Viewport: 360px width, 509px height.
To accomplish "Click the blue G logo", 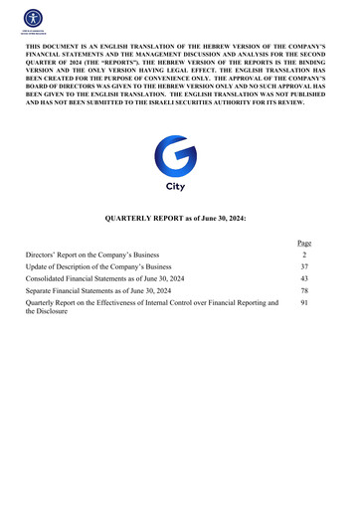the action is [x=179, y=158].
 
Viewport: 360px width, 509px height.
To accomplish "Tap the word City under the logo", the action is [x=179, y=187].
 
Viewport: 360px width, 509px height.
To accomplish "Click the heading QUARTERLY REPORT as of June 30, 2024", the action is [x=180, y=217].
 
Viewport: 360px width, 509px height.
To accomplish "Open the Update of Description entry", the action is [x=98, y=267].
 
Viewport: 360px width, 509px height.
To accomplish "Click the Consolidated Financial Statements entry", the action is [x=109, y=279].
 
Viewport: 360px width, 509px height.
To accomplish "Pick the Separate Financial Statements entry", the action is [x=99, y=291].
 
